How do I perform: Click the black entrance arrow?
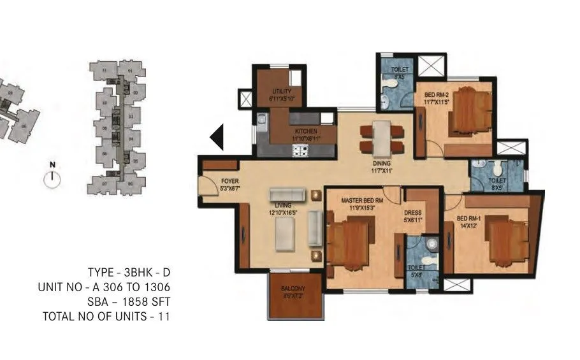tap(217, 137)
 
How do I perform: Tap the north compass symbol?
tap(52, 178)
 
